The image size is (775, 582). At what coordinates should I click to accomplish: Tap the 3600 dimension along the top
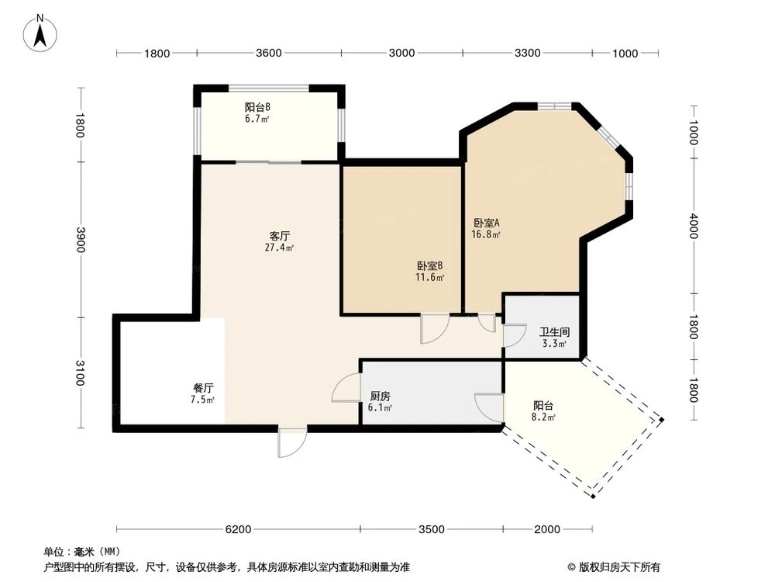268,54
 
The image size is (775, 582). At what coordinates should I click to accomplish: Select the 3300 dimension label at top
527,54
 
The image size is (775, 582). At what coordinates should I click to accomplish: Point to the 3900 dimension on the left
79,239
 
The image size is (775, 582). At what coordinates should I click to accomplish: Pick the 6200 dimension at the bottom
238,530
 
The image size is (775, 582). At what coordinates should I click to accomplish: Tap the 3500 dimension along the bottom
432,530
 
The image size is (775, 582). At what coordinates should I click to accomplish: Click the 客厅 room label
280,235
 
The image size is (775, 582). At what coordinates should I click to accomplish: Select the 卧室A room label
487,221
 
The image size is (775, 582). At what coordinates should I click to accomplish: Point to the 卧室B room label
429,265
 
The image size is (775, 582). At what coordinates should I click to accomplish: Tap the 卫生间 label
554,331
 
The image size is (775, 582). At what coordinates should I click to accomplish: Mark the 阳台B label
257,107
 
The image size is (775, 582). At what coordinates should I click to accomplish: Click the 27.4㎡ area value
280,248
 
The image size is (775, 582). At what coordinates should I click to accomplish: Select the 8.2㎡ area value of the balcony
544,417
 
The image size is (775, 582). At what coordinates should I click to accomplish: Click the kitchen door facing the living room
346,388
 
